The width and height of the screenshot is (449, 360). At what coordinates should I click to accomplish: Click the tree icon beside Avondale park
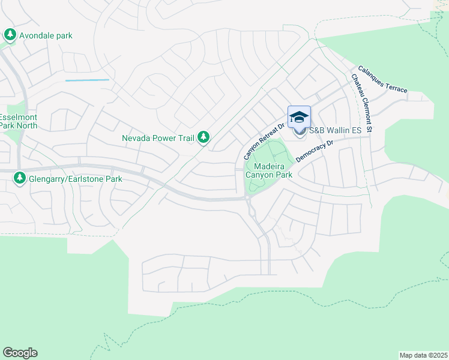pos(10,35)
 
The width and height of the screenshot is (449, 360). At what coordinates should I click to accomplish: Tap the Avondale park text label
pos(46,35)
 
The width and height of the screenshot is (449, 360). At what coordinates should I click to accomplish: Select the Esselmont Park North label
pos(19,121)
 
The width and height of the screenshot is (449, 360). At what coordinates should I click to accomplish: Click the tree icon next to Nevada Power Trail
pos(204,138)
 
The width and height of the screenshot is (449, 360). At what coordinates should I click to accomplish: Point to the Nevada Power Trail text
pos(158,138)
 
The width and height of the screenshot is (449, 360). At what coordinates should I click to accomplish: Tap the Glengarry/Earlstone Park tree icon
pos(20,178)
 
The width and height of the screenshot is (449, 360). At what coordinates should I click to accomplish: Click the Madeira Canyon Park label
pos(273,170)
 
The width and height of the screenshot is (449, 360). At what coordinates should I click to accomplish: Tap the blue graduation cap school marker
pos(299,117)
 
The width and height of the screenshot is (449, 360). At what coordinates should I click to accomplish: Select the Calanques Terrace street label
pos(382,79)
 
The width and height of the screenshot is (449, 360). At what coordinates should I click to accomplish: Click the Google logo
pos(20,353)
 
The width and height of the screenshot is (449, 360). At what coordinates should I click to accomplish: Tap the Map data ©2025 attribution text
pos(424,355)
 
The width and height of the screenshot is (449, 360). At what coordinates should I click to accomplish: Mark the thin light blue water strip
pos(87,80)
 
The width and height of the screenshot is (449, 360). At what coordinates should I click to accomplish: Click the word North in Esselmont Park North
pos(26,125)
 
